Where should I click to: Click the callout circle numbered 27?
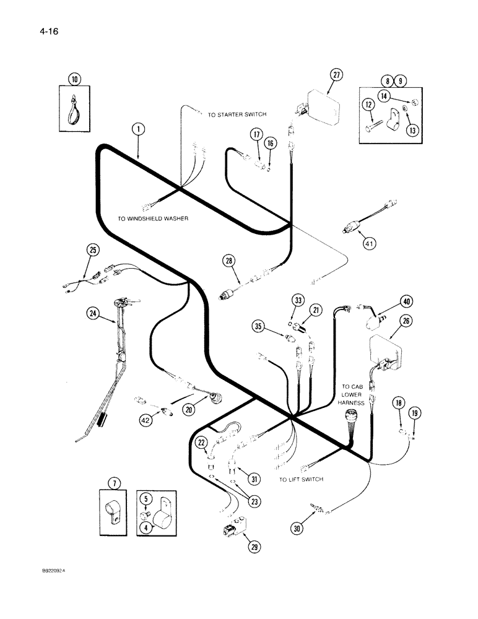pos(336,76)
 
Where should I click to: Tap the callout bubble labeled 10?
pos(74,79)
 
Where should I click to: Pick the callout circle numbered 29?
pos(253,546)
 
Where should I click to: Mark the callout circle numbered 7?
pos(111,482)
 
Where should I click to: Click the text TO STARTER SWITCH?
pos(237,115)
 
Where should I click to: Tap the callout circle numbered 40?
pos(406,302)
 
